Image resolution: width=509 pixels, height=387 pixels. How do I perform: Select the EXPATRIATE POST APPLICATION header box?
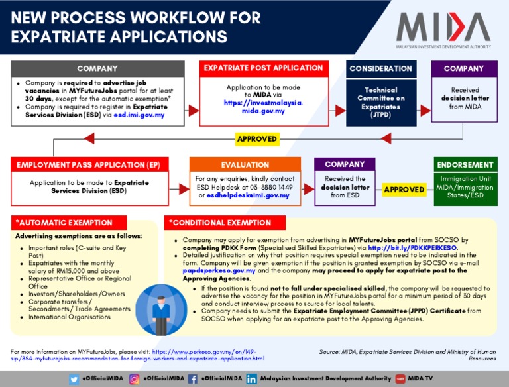[x=264, y=68]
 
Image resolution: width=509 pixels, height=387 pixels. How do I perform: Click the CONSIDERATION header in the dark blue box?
[x=381, y=68]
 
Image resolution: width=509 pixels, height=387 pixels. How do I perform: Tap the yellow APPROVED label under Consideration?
[x=257, y=139]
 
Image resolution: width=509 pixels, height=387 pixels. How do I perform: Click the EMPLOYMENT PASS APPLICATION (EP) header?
[x=89, y=164]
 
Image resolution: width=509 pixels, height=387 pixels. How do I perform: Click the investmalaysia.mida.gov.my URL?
[x=263, y=107]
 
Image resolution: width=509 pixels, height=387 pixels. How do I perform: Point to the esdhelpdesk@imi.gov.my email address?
[x=249, y=195]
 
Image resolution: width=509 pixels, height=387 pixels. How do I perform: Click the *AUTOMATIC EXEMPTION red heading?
[x=64, y=223]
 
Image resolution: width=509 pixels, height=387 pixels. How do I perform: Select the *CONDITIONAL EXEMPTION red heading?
[x=213, y=223]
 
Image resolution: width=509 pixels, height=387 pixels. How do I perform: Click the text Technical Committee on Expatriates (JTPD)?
[x=381, y=102]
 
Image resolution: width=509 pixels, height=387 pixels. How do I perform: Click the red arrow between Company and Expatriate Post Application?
[x=192, y=110]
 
